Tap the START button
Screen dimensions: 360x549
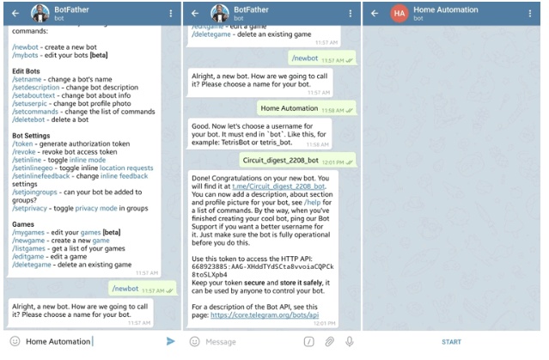(451, 342)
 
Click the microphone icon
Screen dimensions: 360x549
(349, 342)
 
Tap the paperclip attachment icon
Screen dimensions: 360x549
(329, 342)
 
